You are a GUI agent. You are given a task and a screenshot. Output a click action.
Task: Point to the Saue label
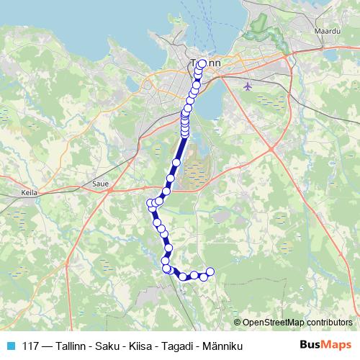[x=101, y=184]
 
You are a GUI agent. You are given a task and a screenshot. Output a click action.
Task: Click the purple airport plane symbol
[x=249, y=86]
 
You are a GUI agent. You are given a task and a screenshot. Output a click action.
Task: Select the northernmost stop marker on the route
[x=202, y=63]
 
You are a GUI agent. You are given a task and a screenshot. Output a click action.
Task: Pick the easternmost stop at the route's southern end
[x=211, y=271]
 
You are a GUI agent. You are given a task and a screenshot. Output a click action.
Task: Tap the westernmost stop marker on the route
[x=150, y=203]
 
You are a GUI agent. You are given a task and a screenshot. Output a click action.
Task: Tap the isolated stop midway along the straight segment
[x=176, y=163]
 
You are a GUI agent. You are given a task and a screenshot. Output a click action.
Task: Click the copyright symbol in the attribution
[x=238, y=322]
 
